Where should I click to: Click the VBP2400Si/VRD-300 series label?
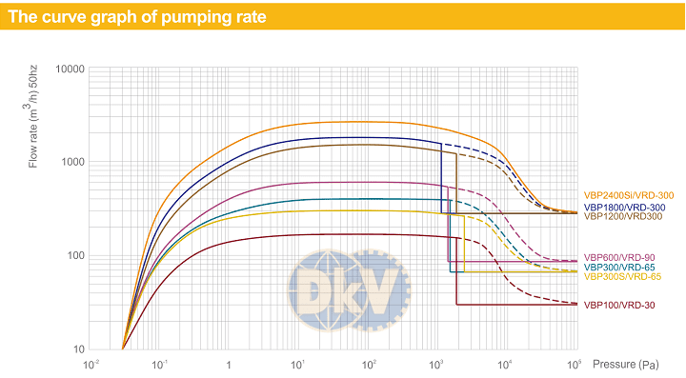[628, 195]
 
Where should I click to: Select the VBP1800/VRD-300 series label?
[624, 208]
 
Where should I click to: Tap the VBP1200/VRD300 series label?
[622, 216]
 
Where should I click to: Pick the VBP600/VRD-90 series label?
[619, 257]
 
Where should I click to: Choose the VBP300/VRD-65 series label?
[619, 267]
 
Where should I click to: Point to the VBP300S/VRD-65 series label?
[622, 277]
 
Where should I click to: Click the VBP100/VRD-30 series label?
[619, 305]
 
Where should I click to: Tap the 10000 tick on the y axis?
[70, 70]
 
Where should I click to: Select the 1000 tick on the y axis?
[72, 162]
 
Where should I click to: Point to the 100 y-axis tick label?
[75, 255]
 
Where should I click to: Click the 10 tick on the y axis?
[79, 349]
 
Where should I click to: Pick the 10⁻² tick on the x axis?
[91, 365]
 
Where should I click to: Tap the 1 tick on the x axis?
[228, 366]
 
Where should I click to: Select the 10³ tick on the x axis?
[435, 365]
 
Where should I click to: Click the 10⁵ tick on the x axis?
[574, 365]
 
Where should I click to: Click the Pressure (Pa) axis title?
[625, 365]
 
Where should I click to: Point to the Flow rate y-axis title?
[32, 116]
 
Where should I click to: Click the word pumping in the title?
[192, 17]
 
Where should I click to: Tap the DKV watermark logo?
[349, 290]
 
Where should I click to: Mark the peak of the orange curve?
[368, 122]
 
